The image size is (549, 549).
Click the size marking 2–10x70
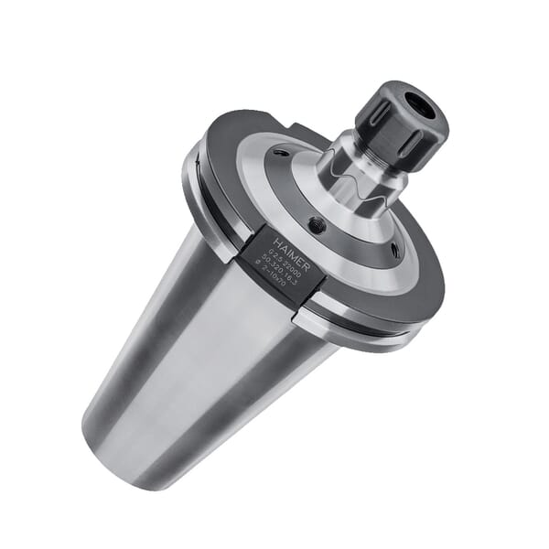click(x=273, y=277)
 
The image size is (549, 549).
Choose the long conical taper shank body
click(x=210, y=348)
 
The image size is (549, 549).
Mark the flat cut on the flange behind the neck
click(x=311, y=135)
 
